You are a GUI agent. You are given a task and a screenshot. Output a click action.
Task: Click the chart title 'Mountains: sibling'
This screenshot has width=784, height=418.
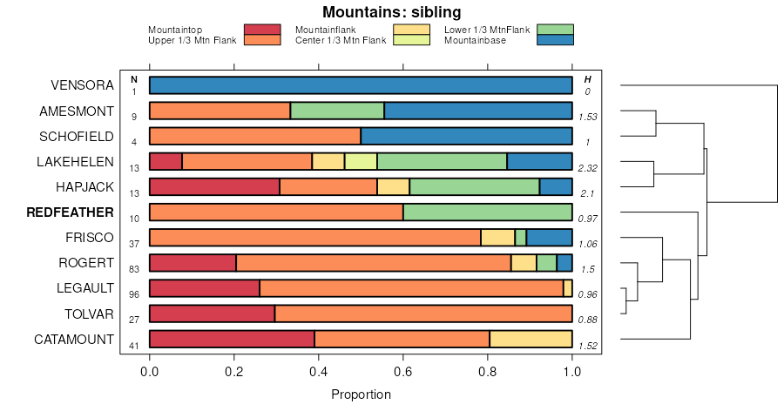(x=391, y=12)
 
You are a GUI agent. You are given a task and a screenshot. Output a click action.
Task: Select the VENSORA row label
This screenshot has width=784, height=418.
(x=82, y=85)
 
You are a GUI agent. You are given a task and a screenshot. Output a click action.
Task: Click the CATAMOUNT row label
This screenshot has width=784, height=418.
(x=74, y=340)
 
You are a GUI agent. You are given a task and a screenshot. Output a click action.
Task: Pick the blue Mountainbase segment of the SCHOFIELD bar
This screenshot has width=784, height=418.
(x=466, y=137)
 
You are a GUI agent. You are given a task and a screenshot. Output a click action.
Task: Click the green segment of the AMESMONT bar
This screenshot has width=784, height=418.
(x=337, y=111)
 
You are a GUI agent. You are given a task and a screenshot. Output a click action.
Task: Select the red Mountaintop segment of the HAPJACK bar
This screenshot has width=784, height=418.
(x=214, y=187)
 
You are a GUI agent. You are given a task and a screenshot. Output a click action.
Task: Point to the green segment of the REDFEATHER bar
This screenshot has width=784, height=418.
(x=487, y=212)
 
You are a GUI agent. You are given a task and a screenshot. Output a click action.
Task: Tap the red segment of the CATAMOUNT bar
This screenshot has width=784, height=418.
(x=232, y=340)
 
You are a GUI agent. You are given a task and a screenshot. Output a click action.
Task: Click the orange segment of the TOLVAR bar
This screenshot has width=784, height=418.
(x=423, y=314)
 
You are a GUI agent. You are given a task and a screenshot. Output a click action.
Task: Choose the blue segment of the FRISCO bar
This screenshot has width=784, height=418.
(x=549, y=238)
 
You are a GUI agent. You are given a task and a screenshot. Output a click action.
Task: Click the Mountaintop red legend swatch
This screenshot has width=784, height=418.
(x=262, y=30)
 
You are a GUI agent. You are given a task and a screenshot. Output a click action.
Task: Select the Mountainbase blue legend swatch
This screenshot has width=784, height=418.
(x=555, y=39)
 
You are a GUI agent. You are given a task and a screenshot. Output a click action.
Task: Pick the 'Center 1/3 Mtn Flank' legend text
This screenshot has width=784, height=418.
(x=341, y=40)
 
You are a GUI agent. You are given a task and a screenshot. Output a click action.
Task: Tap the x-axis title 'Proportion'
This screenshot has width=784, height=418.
(x=361, y=394)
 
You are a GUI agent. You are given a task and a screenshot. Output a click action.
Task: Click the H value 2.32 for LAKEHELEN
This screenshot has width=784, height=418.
(x=587, y=167)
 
